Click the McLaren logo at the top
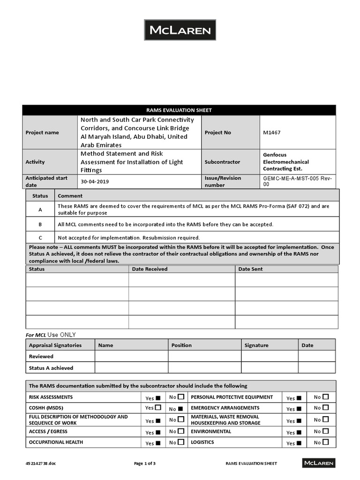click(180, 30)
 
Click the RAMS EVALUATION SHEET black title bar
click(179, 110)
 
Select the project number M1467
click(271, 133)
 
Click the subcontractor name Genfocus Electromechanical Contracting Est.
click(285, 162)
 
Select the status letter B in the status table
click(40, 225)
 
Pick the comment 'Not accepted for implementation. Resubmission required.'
click(128, 238)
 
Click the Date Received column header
click(150, 269)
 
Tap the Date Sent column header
click(250, 269)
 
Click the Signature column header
click(256, 345)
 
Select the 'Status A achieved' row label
click(51, 368)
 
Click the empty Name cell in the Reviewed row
click(131, 356)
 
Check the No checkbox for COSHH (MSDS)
click(180, 409)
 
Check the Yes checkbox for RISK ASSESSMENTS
click(158, 398)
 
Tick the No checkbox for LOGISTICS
click(326, 442)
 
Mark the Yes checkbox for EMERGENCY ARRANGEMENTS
click(299, 409)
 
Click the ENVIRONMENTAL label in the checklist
click(210, 431)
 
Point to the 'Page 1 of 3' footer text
click(145, 464)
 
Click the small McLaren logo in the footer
click(319, 463)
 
